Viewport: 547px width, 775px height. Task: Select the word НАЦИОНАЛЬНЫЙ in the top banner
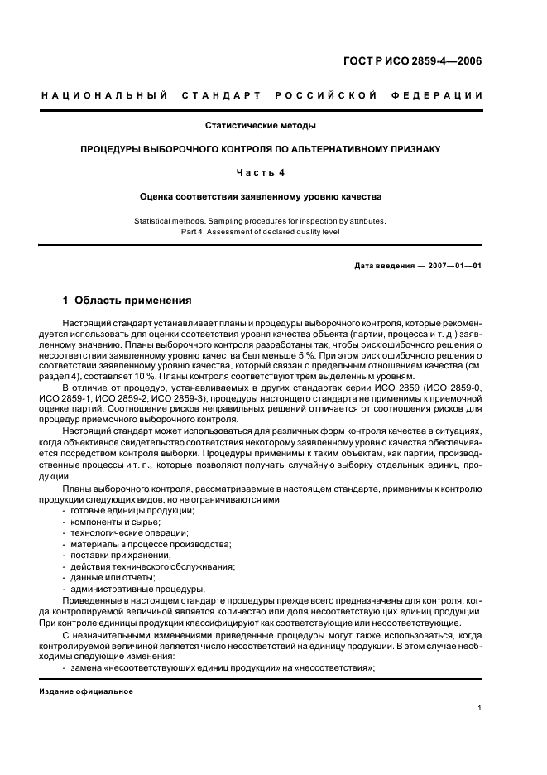click(x=104, y=96)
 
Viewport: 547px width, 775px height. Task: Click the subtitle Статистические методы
click(x=261, y=126)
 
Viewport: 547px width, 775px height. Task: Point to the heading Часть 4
click(x=261, y=172)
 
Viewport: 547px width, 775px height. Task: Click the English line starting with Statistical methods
click(x=261, y=220)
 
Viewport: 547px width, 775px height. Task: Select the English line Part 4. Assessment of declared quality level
click(x=261, y=231)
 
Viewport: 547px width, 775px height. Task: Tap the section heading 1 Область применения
click(x=127, y=301)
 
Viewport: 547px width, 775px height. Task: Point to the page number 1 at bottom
click(x=480, y=708)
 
